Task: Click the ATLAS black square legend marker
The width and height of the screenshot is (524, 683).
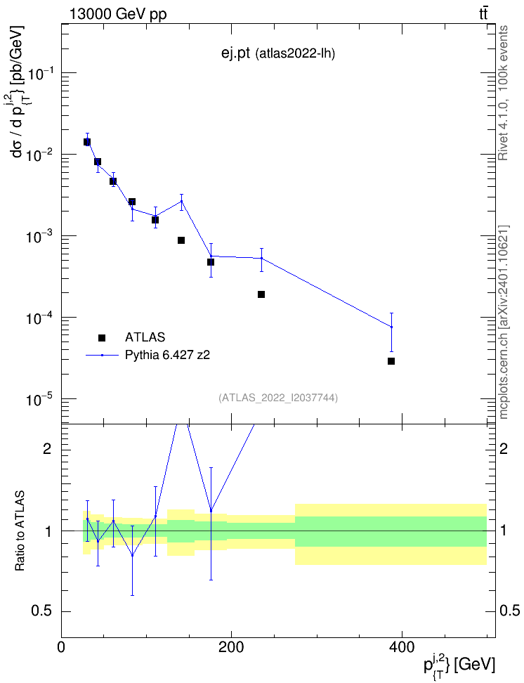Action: point(102,337)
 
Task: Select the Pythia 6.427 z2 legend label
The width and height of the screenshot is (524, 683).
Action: point(167,355)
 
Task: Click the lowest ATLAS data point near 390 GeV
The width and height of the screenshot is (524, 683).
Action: point(391,361)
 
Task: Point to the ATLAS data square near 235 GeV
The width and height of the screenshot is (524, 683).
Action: point(261,294)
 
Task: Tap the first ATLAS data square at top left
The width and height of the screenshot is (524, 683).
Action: point(87,142)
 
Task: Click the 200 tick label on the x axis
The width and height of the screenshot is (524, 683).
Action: point(231,647)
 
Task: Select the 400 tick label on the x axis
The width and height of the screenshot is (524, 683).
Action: point(401,647)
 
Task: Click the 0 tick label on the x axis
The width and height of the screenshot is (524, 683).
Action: point(61,647)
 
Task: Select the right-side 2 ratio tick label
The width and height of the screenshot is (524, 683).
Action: point(504,448)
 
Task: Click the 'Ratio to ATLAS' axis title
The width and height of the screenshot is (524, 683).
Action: point(20,531)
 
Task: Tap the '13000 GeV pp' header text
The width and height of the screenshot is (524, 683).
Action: point(117,15)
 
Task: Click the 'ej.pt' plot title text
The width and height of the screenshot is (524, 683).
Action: point(235,53)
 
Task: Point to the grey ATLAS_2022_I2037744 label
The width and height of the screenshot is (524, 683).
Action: point(278,398)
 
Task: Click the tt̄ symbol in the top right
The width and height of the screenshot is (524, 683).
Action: point(483,14)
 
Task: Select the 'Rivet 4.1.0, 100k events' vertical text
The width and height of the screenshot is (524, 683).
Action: point(503,93)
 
